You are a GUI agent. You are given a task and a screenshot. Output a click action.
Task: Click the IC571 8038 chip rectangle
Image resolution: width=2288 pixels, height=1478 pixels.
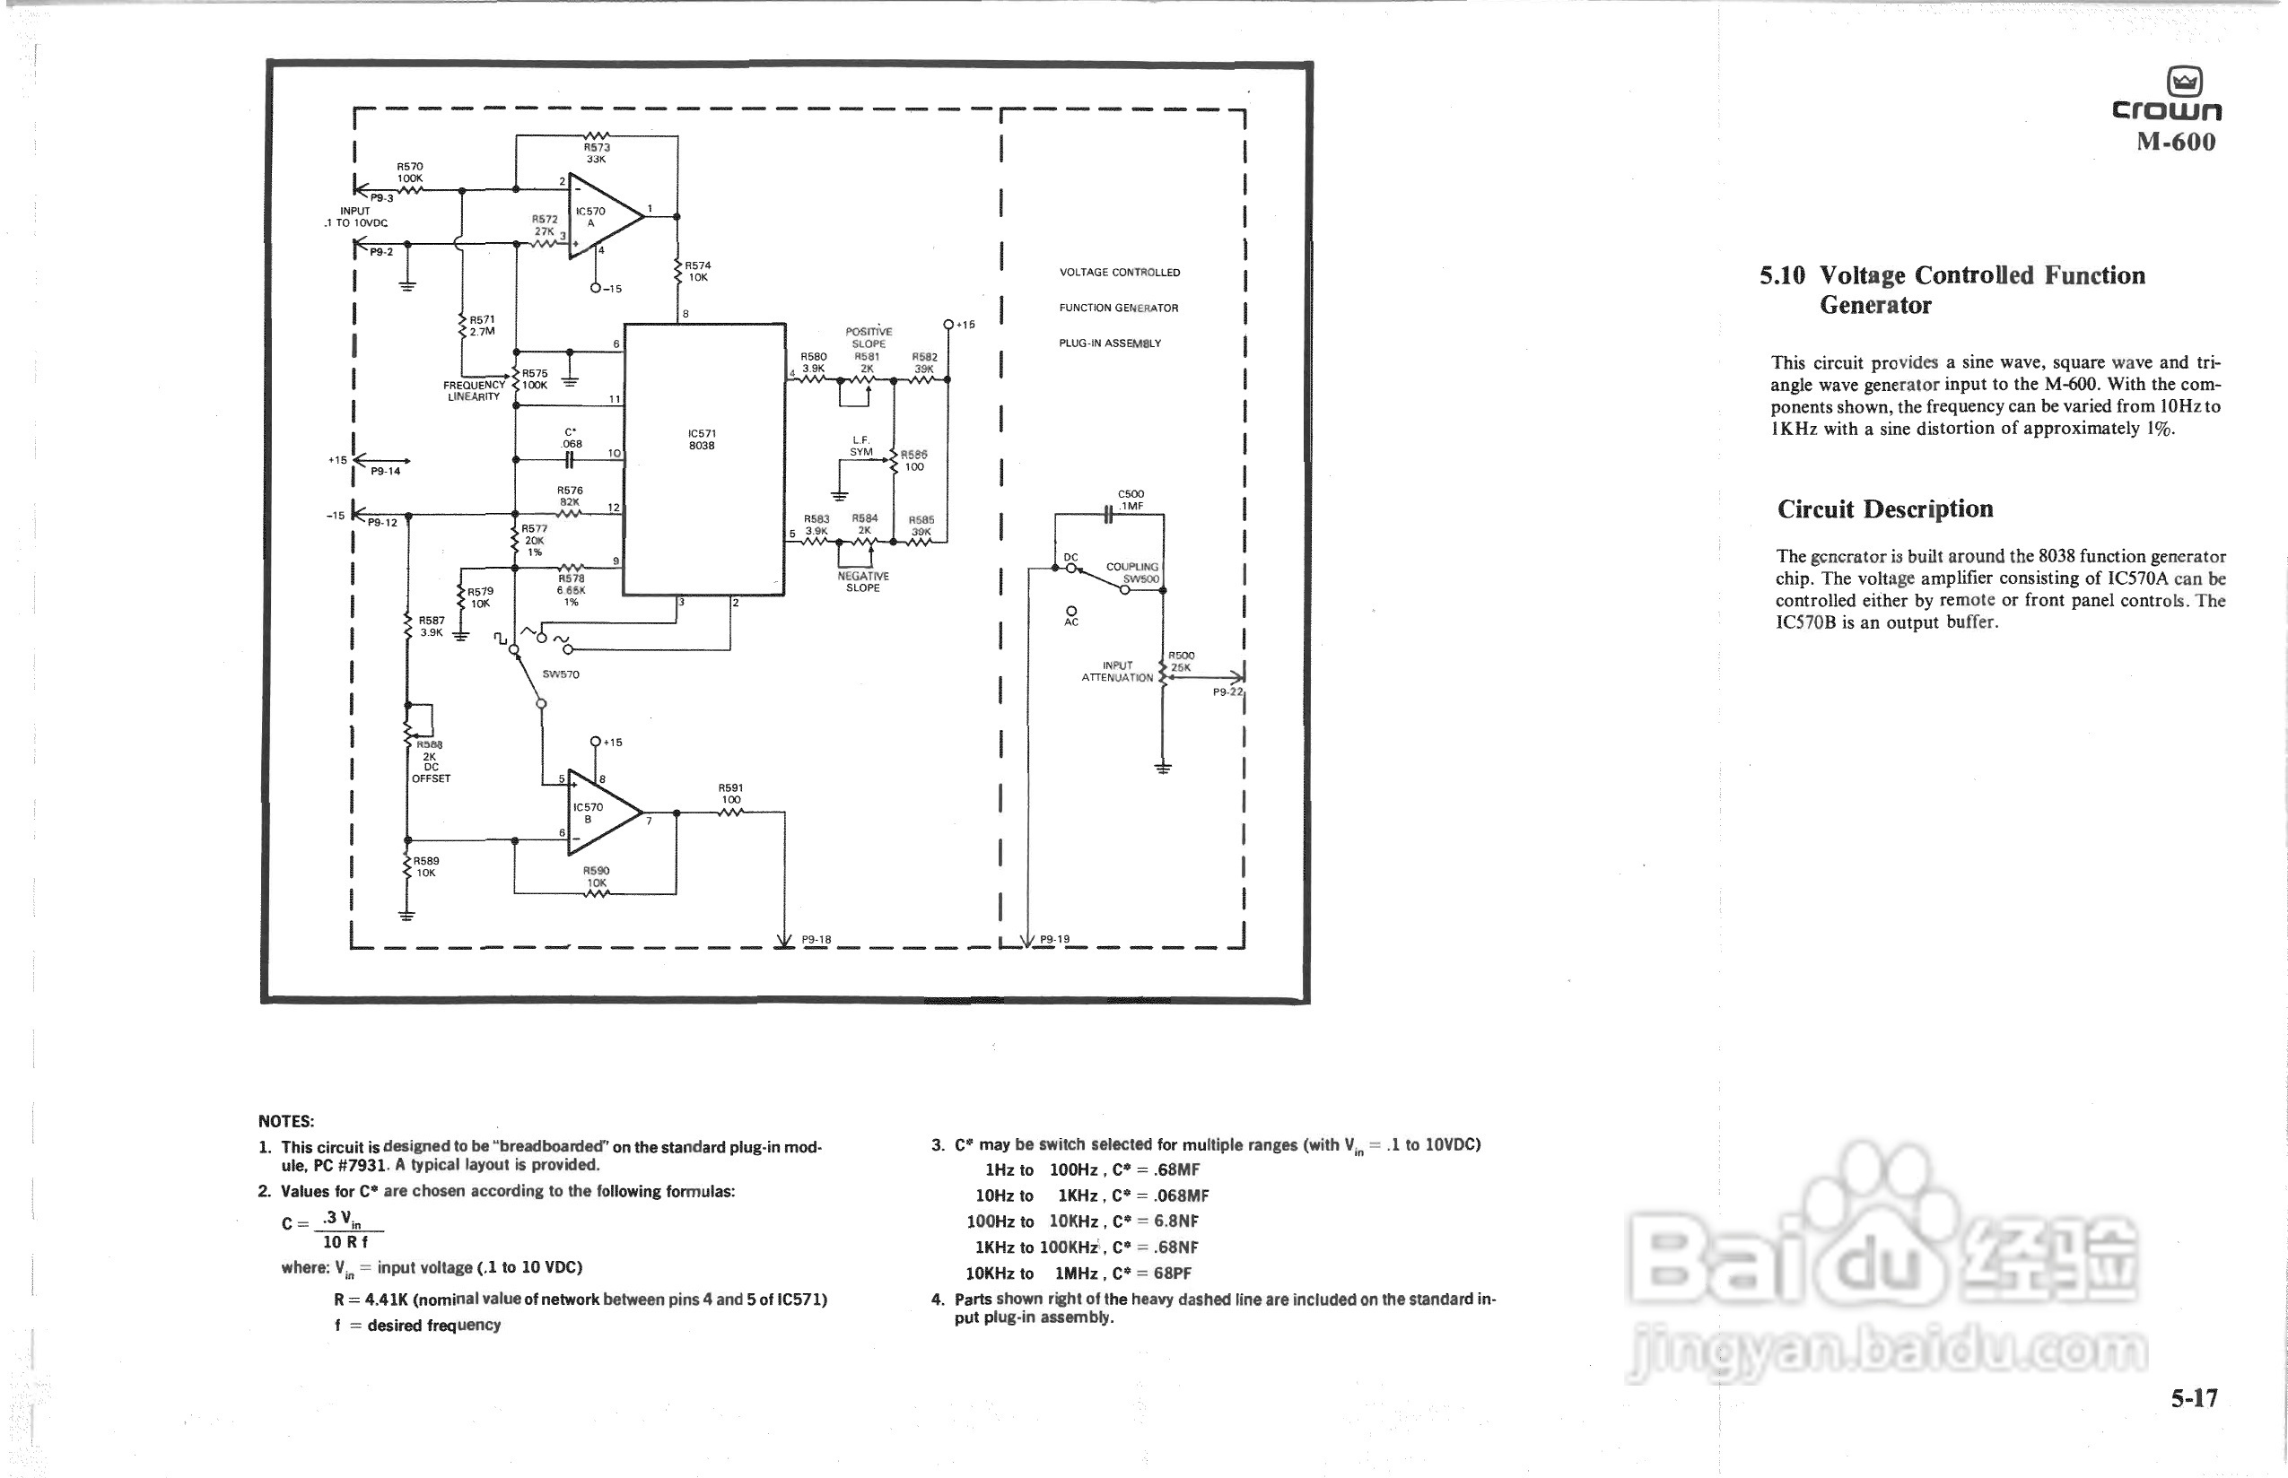(x=703, y=459)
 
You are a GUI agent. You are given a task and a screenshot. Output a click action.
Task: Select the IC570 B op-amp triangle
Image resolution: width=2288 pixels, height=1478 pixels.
(x=599, y=813)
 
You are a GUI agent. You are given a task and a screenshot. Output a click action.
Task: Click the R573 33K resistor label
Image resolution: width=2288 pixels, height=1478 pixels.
(x=597, y=152)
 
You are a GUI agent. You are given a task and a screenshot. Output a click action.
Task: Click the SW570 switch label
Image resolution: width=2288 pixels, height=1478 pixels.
(x=561, y=674)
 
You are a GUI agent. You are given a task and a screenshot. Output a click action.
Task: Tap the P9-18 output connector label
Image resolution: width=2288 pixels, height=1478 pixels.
(x=817, y=940)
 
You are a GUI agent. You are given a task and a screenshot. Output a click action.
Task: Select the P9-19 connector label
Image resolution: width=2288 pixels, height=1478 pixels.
(x=1054, y=940)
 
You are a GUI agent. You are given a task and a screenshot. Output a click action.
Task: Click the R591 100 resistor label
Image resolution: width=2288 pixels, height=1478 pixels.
(x=730, y=794)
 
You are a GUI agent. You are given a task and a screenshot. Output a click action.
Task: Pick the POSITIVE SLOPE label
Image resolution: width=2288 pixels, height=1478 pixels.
(x=868, y=338)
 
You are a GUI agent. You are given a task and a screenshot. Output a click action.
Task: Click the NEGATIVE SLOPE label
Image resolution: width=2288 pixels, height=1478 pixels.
(x=862, y=581)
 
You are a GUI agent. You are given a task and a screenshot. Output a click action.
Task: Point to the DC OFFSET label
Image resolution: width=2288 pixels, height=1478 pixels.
(x=431, y=772)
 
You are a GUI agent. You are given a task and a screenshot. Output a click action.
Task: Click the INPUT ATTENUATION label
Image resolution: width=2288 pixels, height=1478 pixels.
(x=1117, y=671)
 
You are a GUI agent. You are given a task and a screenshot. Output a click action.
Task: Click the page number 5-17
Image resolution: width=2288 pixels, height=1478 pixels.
(x=2194, y=1398)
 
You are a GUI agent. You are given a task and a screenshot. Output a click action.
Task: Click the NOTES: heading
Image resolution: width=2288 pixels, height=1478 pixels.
(x=286, y=1121)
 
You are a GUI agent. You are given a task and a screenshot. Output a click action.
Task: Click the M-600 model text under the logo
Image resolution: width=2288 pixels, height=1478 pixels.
(x=2176, y=142)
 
